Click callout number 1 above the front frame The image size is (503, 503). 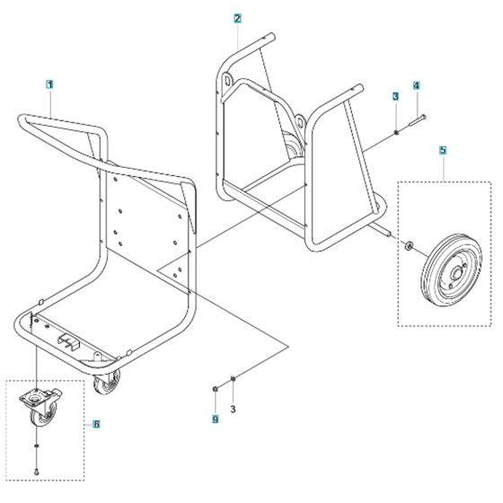tap(50, 84)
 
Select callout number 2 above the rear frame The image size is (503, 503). tap(236, 18)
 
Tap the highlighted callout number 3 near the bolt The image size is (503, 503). tap(394, 95)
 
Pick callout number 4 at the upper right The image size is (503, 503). tap(416, 86)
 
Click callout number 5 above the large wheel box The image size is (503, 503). tap(443, 152)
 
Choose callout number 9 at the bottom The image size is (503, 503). tap(216, 418)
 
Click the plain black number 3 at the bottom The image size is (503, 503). tap(234, 410)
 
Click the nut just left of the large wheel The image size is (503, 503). tap(409, 245)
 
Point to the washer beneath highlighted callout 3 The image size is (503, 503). tap(395, 134)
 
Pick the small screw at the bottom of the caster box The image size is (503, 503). tap(36, 470)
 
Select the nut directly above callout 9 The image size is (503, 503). tap(216, 388)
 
